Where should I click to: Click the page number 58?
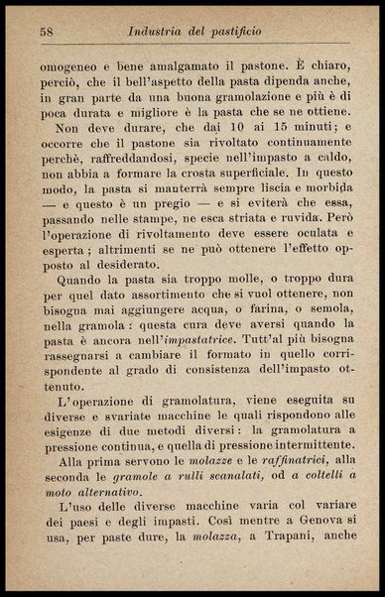point(47,32)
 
